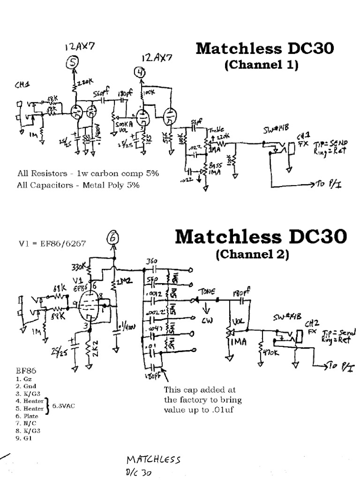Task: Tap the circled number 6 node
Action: coord(113,239)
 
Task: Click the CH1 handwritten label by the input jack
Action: coord(22,85)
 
